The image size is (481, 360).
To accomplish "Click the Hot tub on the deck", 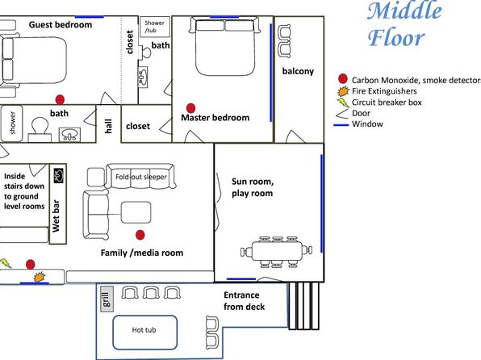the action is [144, 332].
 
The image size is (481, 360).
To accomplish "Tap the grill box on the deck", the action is [107, 299].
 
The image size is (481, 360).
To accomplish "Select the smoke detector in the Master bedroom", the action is [190, 108].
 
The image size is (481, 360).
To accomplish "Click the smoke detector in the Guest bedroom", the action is [60, 99].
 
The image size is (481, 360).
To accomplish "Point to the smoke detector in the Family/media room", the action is [140, 235].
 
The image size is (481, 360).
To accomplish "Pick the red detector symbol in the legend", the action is [343, 79].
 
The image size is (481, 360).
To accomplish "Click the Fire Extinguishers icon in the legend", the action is [343, 91].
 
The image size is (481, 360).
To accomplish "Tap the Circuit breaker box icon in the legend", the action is [343, 103].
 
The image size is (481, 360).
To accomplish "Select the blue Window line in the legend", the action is [341, 125].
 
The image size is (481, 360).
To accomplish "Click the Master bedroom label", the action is [215, 118].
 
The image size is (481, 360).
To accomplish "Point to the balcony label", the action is [298, 71].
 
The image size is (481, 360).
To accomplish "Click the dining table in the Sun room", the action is [278, 251].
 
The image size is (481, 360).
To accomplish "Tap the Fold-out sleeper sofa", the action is [140, 176].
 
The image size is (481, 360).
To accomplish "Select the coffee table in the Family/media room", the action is [136, 212].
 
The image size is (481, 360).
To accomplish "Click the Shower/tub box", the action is [155, 27].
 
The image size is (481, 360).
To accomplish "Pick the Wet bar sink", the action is [58, 175].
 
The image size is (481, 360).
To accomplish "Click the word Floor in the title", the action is [396, 38].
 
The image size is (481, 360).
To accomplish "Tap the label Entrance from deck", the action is [245, 301].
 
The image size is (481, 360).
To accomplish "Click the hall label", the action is [108, 126].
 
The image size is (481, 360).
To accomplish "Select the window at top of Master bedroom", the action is [224, 17].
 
